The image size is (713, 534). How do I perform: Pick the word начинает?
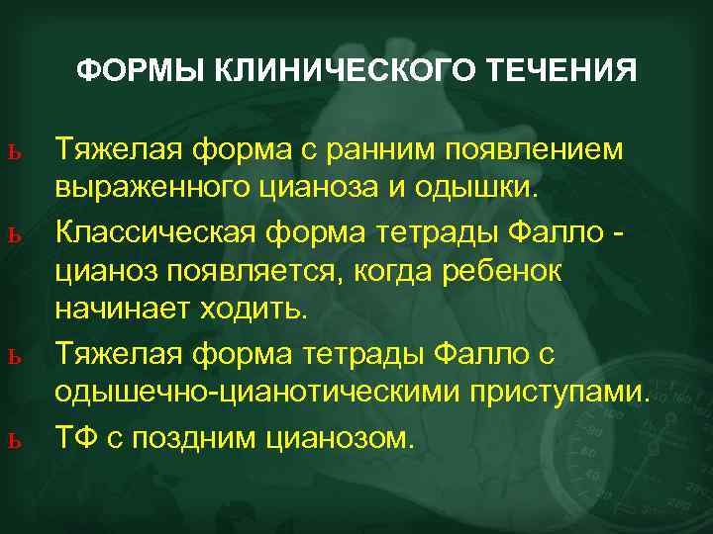pyautogui.click(x=124, y=310)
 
